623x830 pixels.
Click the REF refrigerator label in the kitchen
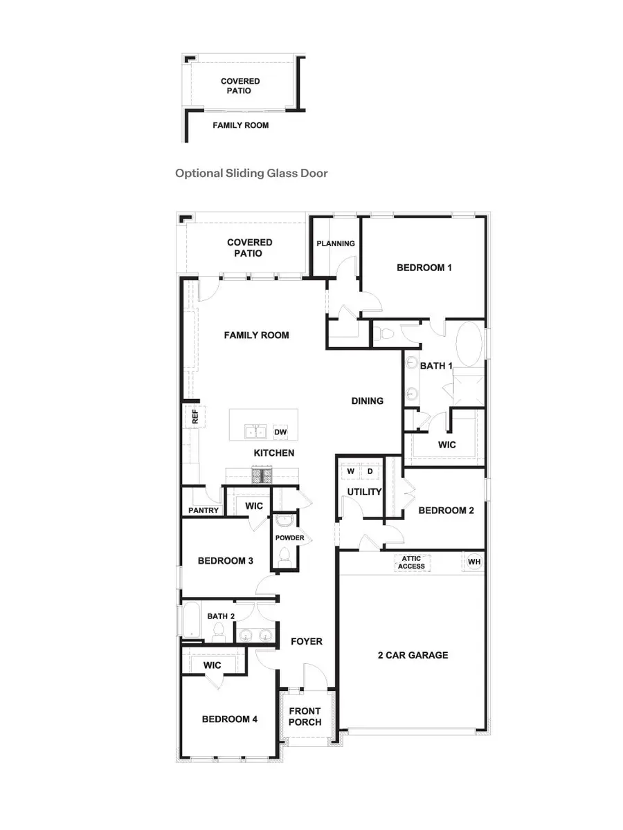(x=195, y=416)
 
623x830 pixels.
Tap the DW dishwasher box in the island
(x=280, y=432)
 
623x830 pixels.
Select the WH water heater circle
(x=473, y=562)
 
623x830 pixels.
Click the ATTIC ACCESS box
(x=411, y=562)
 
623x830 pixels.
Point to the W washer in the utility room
(x=351, y=471)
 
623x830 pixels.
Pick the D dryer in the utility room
(x=370, y=471)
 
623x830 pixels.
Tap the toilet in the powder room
(x=284, y=555)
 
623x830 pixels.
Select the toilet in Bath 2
(x=219, y=630)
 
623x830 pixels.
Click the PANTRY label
(x=204, y=510)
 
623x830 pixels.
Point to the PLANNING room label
(x=336, y=243)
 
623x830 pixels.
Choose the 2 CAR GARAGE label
(x=413, y=655)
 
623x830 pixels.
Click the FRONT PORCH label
(x=305, y=717)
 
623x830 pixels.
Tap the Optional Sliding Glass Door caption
(x=251, y=173)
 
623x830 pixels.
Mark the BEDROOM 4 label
(x=230, y=719)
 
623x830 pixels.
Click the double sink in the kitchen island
(x=255, y=432)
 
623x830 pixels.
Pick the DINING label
(x=367, y=401)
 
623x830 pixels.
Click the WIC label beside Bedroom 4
(x=212, y=665)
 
